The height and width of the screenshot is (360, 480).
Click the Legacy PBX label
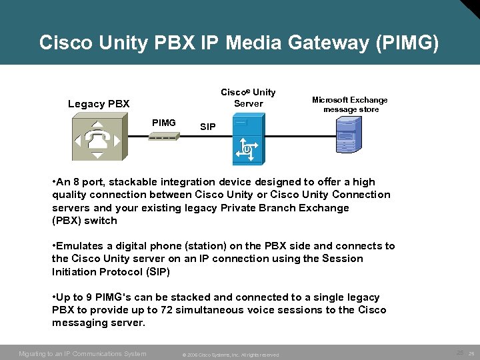point(99,104)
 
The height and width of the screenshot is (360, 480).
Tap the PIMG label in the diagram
point(164,123)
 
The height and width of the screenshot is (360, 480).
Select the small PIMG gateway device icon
point(163,137)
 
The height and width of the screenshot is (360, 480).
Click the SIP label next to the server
point(208,127)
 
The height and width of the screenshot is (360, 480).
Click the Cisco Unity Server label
point(248,97)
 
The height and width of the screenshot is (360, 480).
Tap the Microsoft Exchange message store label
point(350,105)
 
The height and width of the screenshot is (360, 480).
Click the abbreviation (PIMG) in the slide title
point(407,43)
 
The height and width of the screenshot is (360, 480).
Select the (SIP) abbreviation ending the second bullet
point(155,271)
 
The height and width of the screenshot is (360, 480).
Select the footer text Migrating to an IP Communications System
point(83,353)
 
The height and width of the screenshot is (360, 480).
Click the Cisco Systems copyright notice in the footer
point(229,354)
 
